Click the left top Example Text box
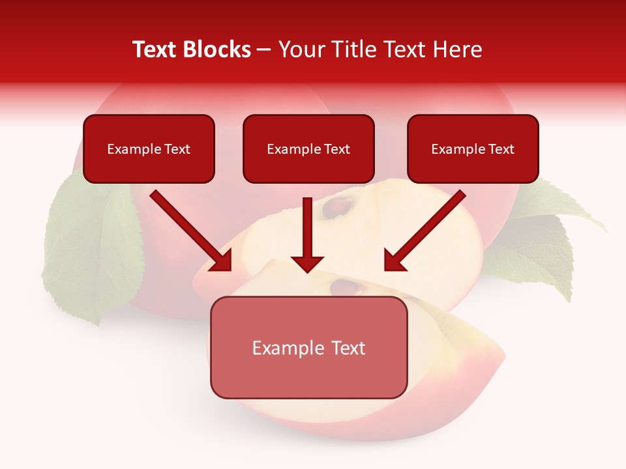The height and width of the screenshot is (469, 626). point(149,149)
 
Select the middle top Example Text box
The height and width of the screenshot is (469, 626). point(308,149)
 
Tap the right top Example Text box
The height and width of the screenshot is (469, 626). point(473,149)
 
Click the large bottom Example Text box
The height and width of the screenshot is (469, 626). point(308,348)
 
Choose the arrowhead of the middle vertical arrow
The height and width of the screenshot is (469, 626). point(307,263)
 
